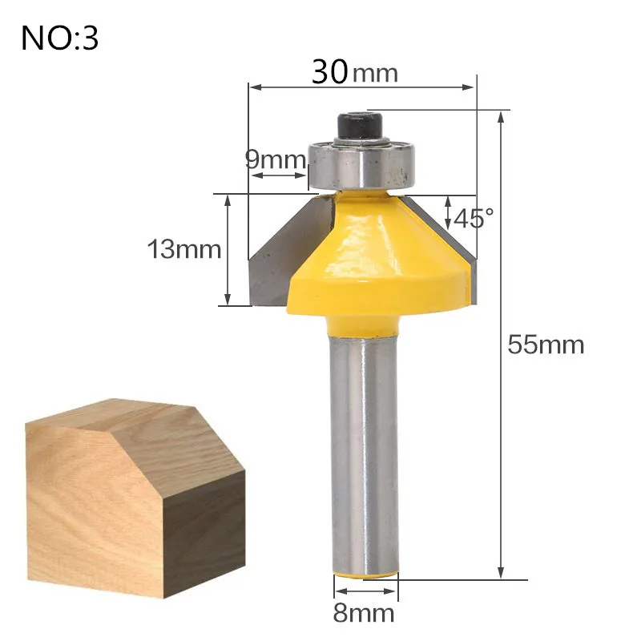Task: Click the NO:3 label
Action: click(59, 38)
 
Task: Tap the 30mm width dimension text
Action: click(354, 72)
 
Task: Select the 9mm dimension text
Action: click(275, 159)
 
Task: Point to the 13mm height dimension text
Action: click(184, 249)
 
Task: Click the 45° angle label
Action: click(474, 218)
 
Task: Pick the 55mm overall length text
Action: click(546, 345)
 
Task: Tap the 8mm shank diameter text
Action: click(364, 613)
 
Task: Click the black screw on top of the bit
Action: click(359, 126)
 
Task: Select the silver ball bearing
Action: click(362, 163)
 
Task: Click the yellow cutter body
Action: click(378, 262)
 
